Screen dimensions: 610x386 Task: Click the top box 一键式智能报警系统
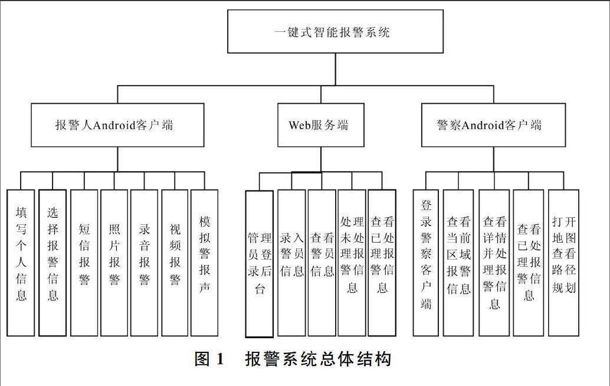pyautogui.click(x=335, y=31)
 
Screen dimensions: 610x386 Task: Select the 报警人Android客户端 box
pyautogui.click(x=117, y=125)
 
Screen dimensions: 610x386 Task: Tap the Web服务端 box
pyautogui.click(x=321, y=125)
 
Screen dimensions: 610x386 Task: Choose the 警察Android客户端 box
pyautogui.click(x=493, y=125)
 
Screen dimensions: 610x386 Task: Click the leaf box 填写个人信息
pyautogui.click(x=21, y=263)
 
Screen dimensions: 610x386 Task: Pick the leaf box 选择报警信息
pyautogui.click(x=53, y=263)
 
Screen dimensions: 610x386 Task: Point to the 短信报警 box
pyautogui.click(x=84, y=263)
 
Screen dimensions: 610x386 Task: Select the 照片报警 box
pyautogui.click(x=114, y=263)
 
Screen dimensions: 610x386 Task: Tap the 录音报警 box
pyautogui.click(x=145, y=263)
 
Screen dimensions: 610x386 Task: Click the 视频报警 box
pyautogui.click(x=175, y=263)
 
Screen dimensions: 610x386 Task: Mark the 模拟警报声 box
pyautogui.click(x=204, y=263)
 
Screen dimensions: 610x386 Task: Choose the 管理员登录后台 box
pyautogui.click(x=260, y=264)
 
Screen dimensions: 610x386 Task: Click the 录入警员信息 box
pyautogui.click(x=291, y=263)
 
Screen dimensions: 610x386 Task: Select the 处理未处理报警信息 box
pyautogui.click(x=352, y=263)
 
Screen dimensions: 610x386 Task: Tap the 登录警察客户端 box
pyautogui.click(x=425, y=263)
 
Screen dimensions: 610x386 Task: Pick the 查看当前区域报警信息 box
pyautogui.click(x=458, y=263)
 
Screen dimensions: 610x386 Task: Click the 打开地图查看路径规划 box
pyautogui.click(x=564, y=263)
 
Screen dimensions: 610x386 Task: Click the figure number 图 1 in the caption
pyautogui.click(x=209, y=359)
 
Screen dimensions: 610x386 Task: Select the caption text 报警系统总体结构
pyautogui.click(x=318, y=359)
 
